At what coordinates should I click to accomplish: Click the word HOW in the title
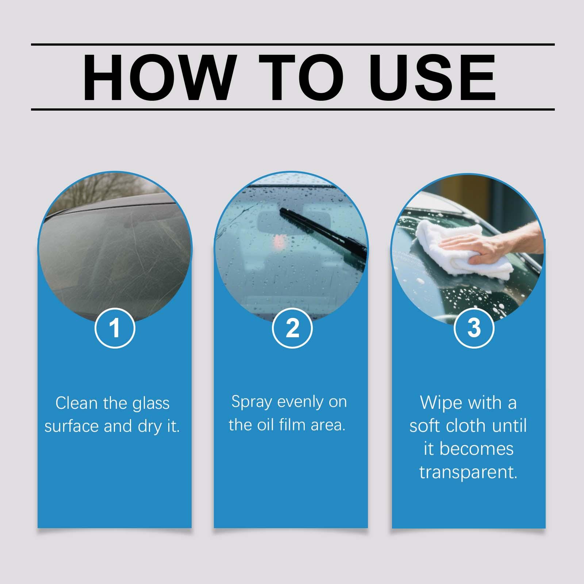(158, 77)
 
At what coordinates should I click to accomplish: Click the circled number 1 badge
(115, 328)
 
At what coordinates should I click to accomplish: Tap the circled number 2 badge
(292, 328)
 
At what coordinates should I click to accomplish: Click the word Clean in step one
(77, 403)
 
